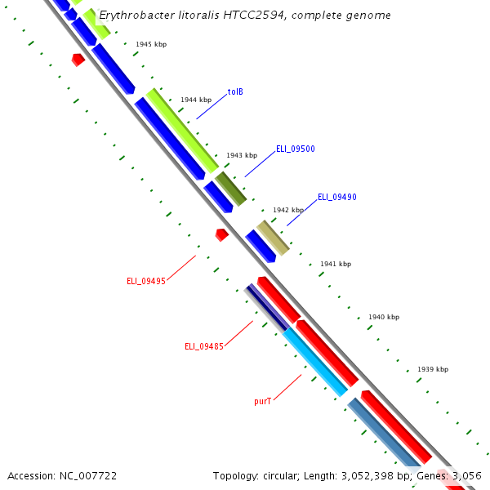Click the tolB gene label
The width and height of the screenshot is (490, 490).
(x=235, y=91)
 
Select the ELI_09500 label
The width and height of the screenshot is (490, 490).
(x=295, y=149)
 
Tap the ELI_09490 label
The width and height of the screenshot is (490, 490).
(x=336, y=197)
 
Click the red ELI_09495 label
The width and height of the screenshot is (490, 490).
(x=146, y=281)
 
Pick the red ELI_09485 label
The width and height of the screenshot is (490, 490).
(x=204, y=346)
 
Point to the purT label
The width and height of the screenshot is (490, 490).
(x=262, y=402)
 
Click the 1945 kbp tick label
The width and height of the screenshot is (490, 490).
(x=151, y=44)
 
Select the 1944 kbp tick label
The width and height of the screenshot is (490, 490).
(x=196, y=100)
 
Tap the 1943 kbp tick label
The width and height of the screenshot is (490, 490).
(x=242, y=155)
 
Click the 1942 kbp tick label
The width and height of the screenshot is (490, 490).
(x=288, y=210)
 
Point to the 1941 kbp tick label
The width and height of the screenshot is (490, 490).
(x=336, y=264)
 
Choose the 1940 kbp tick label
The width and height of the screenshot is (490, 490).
(x=384, y=317)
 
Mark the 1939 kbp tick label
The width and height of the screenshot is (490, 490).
(x=433, y=369)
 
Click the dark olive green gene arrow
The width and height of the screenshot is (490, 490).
(x=230, y=189)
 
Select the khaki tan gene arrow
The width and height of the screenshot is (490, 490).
(x=273, y=238)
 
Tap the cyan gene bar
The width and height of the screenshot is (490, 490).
(x=315, y=363)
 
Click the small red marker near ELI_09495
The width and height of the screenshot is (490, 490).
(x=221, y=234)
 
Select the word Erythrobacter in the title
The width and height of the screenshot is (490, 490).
(x=136, y=16)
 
